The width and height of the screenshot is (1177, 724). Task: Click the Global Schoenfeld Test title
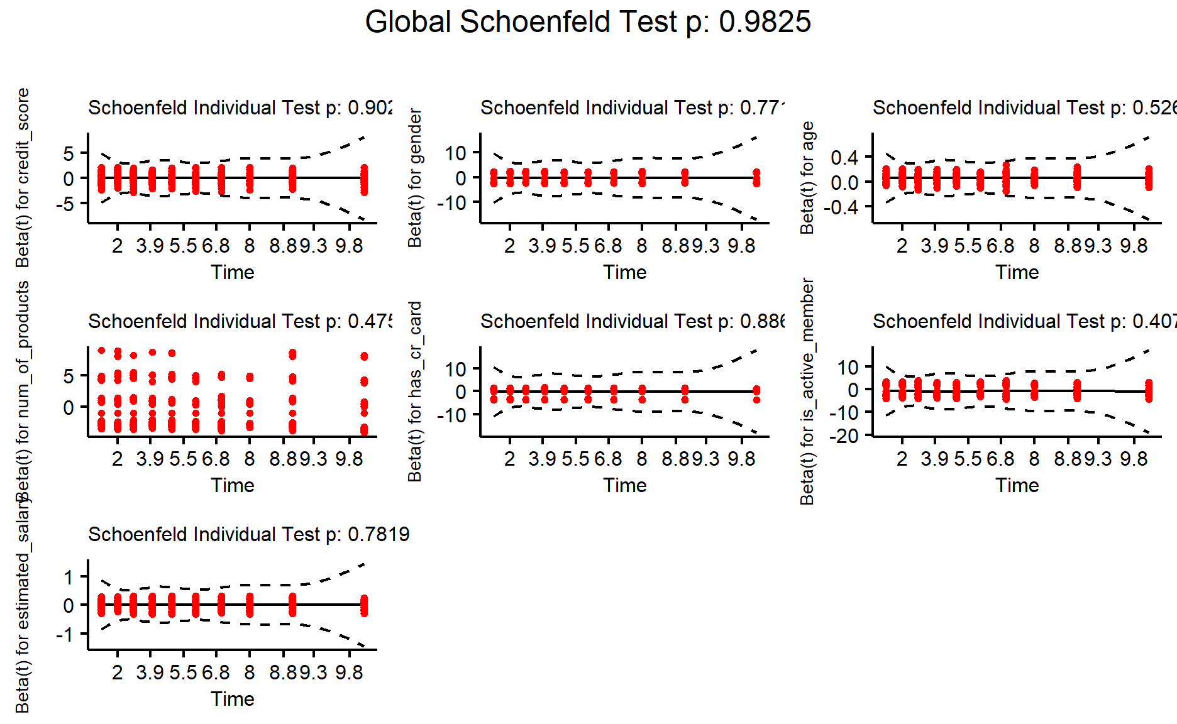(x=588, y=23)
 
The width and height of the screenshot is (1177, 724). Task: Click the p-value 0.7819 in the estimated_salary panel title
(x=379, y=534)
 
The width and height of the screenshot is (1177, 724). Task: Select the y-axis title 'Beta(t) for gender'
(x=415, y=178)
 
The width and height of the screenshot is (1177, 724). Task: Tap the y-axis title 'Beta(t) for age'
(x=807, y=178)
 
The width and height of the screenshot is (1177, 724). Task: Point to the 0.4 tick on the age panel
(x=844, y=157)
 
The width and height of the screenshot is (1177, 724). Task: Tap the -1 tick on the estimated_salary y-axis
(x=65, y=635)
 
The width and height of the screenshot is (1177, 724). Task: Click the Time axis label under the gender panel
(x=624, y=272)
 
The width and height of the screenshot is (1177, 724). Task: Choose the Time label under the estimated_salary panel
(x=232, y=699)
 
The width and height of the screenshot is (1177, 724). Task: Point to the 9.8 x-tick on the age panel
(x=1134, y=246)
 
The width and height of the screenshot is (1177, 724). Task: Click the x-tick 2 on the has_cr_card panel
(x=509, y=459)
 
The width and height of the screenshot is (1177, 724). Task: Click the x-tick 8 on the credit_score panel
(x=250, y=246)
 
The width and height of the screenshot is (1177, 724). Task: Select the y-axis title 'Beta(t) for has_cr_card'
(x=415, y=392)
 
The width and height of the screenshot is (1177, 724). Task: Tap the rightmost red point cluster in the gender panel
(x=756, y=177)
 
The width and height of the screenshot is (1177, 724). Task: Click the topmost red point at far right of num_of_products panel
(x=364, y=356)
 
